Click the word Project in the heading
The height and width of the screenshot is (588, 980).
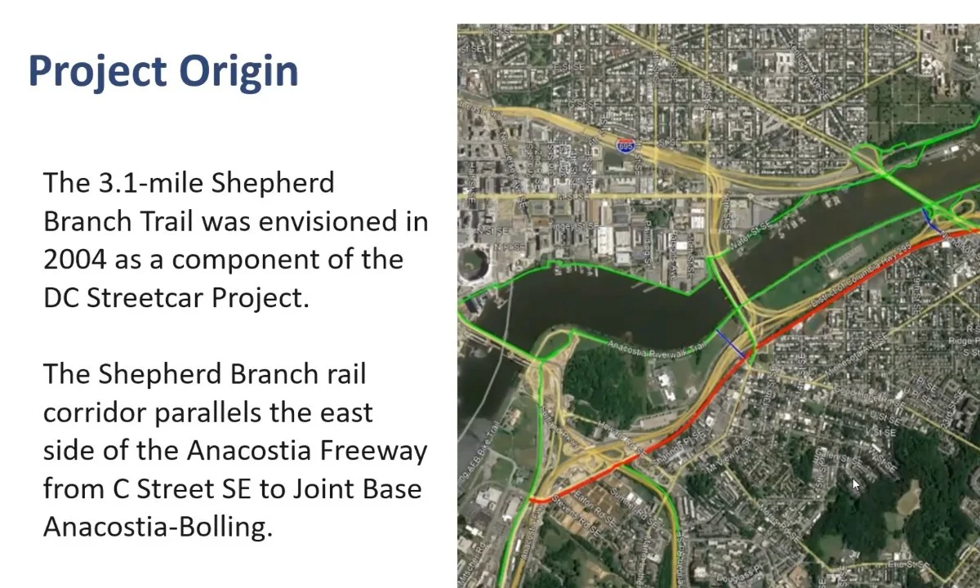click(99, 71)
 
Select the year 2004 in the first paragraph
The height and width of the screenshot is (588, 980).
click(74, 259)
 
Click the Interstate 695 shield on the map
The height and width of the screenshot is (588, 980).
click(626, 145)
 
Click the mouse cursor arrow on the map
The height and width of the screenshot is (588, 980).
click(855, 485)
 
